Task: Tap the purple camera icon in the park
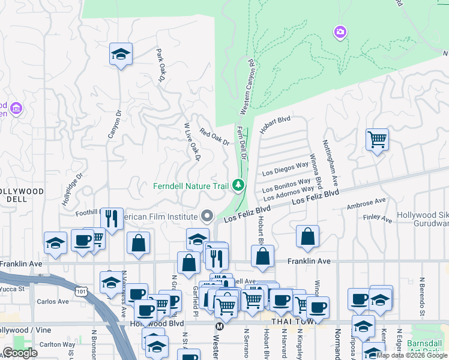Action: pyautogui.click(x=340, y=32)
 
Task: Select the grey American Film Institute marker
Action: pyautogui.click(x=208, y=215)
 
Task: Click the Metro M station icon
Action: pyautogui.click(x=219, y=326)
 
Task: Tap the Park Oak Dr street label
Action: pyautogui.click(x=160, y=65)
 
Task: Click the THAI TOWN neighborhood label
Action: pyautogui.click(x=289, y=323)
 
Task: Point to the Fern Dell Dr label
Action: pyautogui.click(x=243, y=143)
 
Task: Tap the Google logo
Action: pyautogui.click(x=20, y=353)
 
